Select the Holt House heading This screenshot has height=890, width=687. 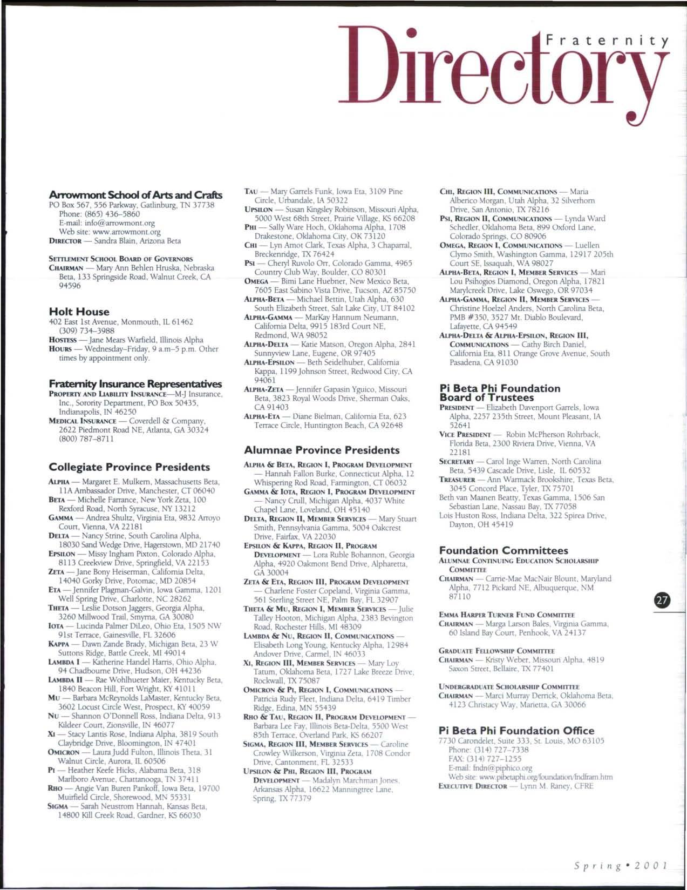click(79, 312)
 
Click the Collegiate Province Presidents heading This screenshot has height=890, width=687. click(130, 467)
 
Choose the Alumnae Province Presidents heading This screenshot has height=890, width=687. click(322, 450)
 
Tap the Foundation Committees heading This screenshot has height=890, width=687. click(504, 550)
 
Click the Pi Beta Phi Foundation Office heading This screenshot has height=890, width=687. click(517, 731)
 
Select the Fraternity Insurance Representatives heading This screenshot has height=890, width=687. click(135, 384)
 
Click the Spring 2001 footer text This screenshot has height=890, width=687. click(620, 864)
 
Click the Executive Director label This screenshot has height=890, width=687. click(473, 786)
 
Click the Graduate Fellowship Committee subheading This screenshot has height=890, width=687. click(496, 651)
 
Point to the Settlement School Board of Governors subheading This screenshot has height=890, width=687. click(121, 259)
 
